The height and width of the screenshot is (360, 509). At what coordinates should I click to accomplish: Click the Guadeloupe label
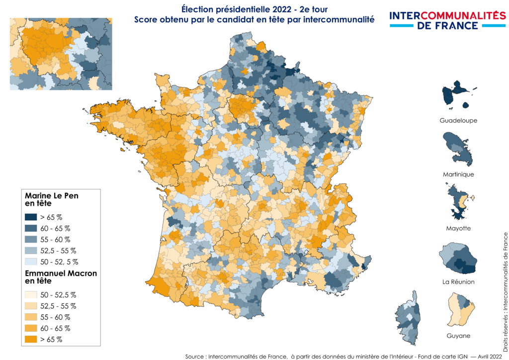(x=458, y=121)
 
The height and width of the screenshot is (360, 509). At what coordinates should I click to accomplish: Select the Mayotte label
(x=458, y=228)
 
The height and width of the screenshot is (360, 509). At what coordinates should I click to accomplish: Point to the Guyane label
(x=458, y=336)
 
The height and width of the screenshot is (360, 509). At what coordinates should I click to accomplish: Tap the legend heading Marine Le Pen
(x=51, y=196)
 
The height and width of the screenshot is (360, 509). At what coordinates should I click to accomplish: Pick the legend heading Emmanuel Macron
(x=61, y=273)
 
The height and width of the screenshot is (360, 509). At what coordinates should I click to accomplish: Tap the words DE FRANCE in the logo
(x=447, y=25)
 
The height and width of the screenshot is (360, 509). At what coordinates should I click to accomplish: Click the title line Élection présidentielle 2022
(x=254, y=9)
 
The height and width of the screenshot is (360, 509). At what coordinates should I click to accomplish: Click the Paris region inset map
(x=61, y=54)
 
